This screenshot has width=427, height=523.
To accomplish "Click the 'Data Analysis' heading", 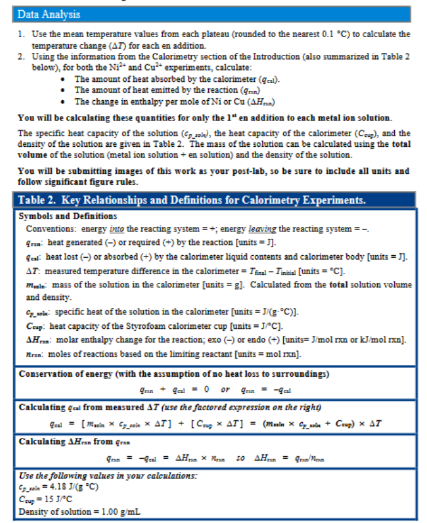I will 49,13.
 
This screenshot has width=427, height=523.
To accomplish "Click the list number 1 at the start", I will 21,33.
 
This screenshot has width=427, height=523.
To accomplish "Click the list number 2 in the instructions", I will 21,57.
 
